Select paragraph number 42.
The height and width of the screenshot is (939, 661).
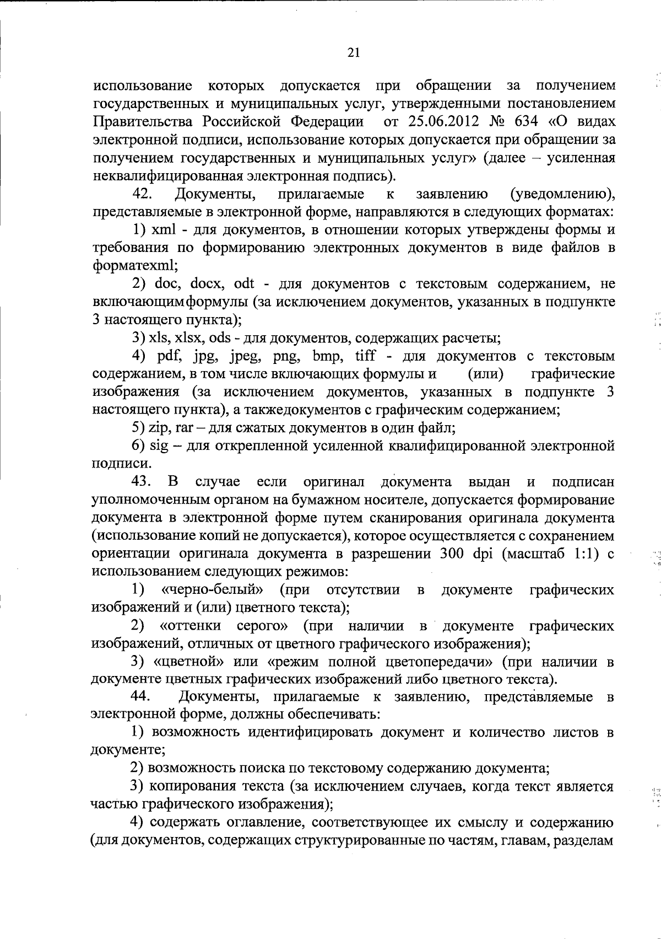(144, 194)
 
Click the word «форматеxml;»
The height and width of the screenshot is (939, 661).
(135, 266)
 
